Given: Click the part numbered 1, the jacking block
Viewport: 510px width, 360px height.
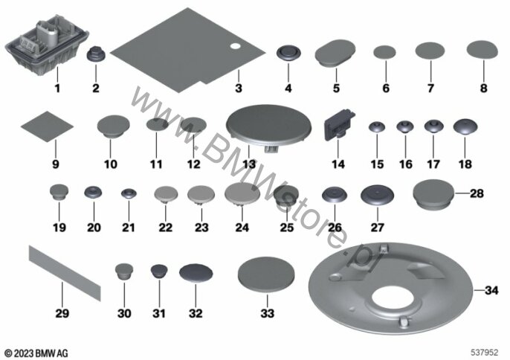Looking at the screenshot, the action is [x=47, y=45].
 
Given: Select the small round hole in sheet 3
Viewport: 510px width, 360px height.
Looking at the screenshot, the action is [x=235, y=46].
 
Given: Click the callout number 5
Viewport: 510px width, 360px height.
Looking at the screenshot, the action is [x=336, y=88].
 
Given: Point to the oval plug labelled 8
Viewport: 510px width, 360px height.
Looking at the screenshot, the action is [x=482, y=50].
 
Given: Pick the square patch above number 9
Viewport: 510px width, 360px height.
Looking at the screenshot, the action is [x=47, y=126].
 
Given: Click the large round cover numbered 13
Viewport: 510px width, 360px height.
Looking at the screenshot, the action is [x=268, y=125].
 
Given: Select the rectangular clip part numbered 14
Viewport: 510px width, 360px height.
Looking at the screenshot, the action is [x=338, y=125].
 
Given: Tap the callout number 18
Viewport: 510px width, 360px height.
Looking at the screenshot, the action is [x=465, y=164].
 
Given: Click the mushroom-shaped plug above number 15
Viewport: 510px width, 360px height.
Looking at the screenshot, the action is [x=377, y=126].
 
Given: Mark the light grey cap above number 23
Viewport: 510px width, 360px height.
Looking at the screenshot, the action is [x=201, y=194].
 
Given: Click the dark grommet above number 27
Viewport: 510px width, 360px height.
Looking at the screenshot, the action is [x=378, y=196].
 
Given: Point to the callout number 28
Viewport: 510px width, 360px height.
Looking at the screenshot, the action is [x=477, y=193].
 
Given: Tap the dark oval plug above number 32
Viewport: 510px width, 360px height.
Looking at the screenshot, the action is [x=196, y=272].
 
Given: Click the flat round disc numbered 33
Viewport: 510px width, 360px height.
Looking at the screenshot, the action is [x=266, y=275].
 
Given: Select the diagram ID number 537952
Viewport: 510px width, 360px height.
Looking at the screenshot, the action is [x=485, y=353].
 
